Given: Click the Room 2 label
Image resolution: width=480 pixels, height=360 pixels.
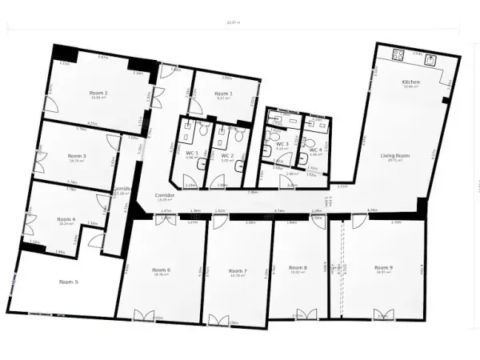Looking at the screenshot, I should click(100, 93).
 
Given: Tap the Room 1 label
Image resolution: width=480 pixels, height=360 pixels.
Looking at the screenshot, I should click(224, 94).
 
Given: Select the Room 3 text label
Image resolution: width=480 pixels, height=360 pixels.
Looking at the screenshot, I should click(77, 155).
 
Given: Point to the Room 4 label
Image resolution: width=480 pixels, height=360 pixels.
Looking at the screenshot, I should click(66, 218).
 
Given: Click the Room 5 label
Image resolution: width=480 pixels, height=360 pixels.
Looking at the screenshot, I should click(69, 282).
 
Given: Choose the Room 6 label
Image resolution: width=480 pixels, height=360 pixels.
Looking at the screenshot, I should click(162, 270).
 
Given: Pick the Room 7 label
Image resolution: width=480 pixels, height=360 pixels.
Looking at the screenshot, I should click(238, 270).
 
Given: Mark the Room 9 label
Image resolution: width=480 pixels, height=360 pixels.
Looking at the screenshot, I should click(383, 266).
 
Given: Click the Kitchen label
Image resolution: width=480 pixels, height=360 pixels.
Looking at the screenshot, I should click(411, 82).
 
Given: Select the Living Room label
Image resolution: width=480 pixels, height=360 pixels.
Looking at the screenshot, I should click(395, 154).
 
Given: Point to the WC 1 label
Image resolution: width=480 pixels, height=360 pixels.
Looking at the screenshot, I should click(191, 153).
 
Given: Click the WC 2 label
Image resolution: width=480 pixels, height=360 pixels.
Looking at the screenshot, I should click(226, 154).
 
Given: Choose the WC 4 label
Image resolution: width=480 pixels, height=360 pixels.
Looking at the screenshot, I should click(315, 150).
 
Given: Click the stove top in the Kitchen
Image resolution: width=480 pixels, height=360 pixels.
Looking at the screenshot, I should click(398, 55).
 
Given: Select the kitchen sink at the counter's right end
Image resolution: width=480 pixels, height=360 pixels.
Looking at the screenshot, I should click(430, 58).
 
